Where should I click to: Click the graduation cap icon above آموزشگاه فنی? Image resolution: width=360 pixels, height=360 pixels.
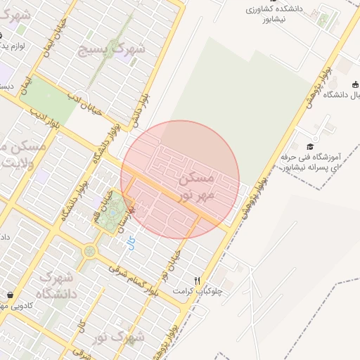coord(310,146)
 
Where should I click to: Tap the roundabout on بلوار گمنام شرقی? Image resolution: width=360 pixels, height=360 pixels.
coord(90,250)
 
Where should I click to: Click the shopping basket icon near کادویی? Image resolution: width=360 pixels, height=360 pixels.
coord(10,295)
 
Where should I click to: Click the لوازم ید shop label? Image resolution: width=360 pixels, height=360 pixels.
coord(14,45)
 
